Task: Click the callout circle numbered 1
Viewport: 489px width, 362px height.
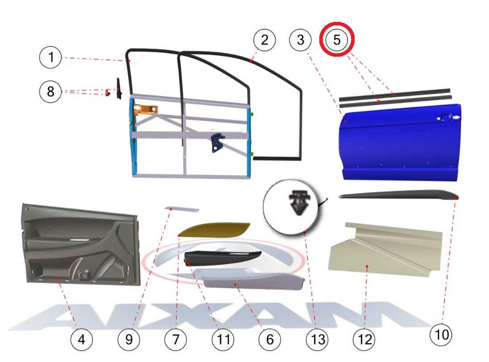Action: coord(50,58)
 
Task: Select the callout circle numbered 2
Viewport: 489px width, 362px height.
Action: coord(264,40)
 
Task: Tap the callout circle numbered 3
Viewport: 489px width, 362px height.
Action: coord(301,40)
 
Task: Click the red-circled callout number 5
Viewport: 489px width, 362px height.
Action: coord(337,40)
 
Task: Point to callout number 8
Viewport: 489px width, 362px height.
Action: coord(50,92)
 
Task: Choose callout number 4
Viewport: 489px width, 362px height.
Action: coord(81,340)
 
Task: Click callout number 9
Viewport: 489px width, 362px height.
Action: coord(129,340)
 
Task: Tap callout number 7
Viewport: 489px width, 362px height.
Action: coord(176,340)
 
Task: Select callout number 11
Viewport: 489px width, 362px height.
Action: coord(223,340)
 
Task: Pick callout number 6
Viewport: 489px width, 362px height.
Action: coord(270,340)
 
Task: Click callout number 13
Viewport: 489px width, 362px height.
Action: coord(318,340)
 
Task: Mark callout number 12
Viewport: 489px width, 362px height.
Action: coord(364,340)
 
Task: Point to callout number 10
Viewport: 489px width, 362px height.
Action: coord(441,335)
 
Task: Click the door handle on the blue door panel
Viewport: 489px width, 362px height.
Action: coord(446,117)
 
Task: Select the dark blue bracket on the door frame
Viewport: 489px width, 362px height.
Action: coord(217,142)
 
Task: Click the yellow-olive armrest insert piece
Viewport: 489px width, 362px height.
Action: coord(215,229)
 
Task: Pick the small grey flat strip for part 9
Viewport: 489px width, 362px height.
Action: coord(182,209)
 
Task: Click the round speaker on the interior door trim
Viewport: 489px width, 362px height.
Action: coord(84,275)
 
